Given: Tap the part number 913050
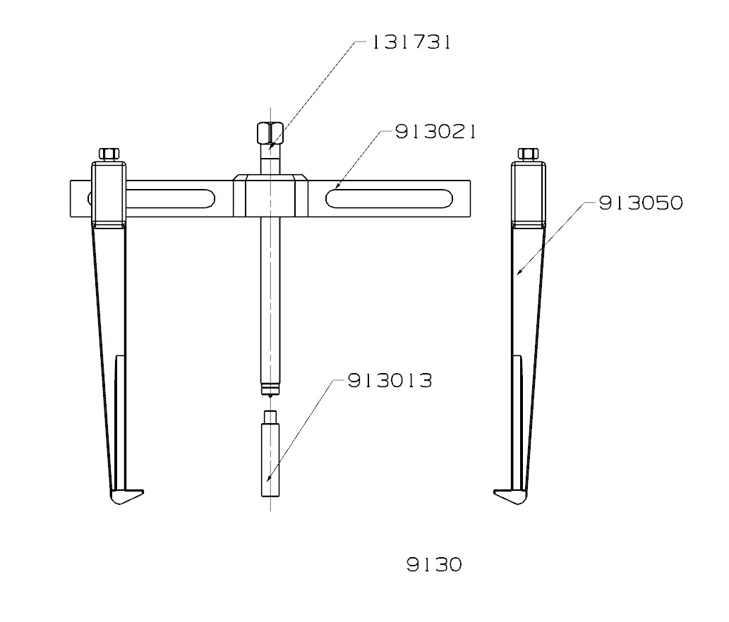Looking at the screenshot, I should (641, 204).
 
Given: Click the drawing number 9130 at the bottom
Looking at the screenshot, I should (434, 565).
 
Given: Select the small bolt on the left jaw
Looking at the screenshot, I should (109, 153).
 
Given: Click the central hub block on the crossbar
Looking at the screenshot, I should (270, 196).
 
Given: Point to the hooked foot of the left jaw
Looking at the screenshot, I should (127, 496).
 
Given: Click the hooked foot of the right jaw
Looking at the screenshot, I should (509, 496).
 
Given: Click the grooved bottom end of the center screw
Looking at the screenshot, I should (269, 389).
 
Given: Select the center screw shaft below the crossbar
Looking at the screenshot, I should (269, 296).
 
